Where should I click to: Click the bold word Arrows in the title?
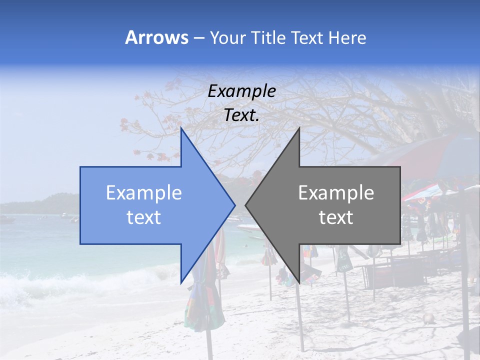[156, 37]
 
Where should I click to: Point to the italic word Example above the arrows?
[242, 91]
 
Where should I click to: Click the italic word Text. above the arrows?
[242, 115]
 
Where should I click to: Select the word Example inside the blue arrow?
[144, 193]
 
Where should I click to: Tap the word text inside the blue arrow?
[144, 217]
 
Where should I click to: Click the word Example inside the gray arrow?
[336, 193]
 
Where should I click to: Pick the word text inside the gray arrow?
[336, 217]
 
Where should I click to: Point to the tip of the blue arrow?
[235, 205]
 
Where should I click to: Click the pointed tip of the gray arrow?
[245, 205]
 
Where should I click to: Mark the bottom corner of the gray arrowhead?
[299, 282]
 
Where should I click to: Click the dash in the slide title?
[198, 38]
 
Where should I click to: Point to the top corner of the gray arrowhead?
[299, 128]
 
